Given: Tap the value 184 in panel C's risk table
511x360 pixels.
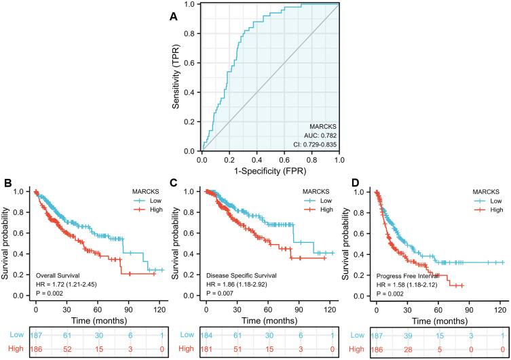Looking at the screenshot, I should pos(206,335).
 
